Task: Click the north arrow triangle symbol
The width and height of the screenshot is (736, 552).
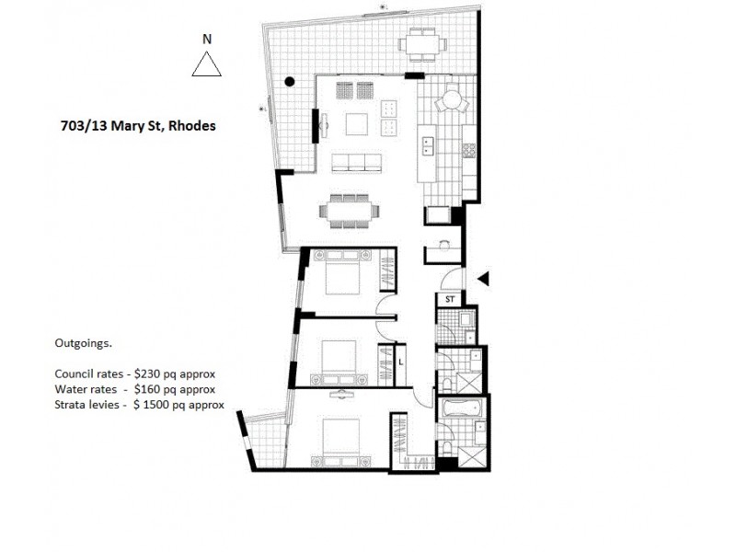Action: (207, 65)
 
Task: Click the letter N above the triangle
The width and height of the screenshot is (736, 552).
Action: (207, 39)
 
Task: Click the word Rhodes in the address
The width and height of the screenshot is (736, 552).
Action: (190, 125)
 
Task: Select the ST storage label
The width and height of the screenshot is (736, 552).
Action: (450, 300)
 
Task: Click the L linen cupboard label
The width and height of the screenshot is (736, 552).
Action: (402, 362)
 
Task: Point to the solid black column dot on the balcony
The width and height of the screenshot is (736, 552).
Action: (290, 82)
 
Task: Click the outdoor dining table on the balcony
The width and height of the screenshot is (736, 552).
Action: (422, 43)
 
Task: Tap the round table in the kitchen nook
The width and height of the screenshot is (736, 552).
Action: (452, 98)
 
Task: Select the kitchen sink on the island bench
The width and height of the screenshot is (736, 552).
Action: (428, 144)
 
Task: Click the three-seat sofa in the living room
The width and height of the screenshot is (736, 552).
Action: (356, 163)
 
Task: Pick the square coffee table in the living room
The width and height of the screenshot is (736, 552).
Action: (356, 123)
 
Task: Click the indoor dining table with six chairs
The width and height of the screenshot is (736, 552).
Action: (349, 211)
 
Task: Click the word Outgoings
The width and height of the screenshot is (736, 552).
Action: (83, 344)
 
